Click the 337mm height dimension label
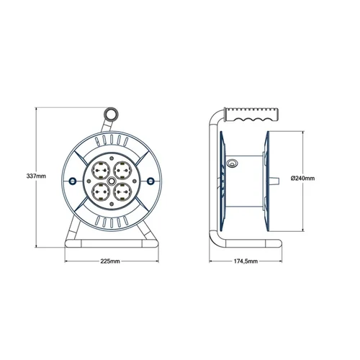click(36, 176)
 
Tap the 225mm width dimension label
click(110, 261)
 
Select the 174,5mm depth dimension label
click(246, 261)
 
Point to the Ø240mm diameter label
click(302, 179)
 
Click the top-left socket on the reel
click(101, 170)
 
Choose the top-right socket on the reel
click(122, 170)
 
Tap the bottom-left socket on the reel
click(101, 192)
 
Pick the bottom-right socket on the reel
click(122, 192)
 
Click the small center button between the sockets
click(112, 181)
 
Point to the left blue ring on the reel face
click(73, 181)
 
